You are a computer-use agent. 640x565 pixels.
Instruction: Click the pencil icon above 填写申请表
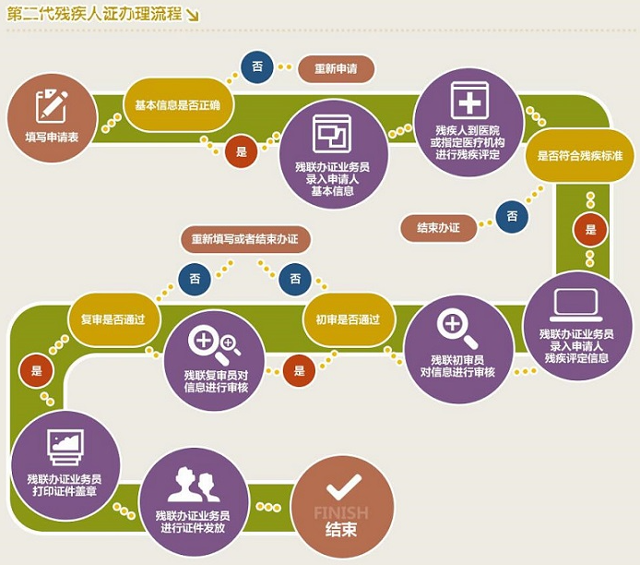pos(52,105)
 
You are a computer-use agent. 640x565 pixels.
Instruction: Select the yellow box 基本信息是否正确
pos(178,105)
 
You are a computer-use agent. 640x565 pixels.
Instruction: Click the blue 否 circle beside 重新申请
pos(257,66)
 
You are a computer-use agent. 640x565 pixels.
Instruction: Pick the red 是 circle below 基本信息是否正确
pos(242,151)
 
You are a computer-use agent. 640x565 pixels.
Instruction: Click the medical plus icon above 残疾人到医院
pos(469,100)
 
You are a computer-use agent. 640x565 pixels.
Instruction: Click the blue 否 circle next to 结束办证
pos(512,217)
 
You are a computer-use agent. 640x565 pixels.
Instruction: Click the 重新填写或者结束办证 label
pos(245,240)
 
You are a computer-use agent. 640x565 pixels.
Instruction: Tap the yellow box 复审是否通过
pos(114,319)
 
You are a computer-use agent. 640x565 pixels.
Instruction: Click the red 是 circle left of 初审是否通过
pos(298,370)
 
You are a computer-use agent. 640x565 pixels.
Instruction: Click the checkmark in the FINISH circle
pos(343,485)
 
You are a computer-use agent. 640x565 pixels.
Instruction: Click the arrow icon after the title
pos(192,15)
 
